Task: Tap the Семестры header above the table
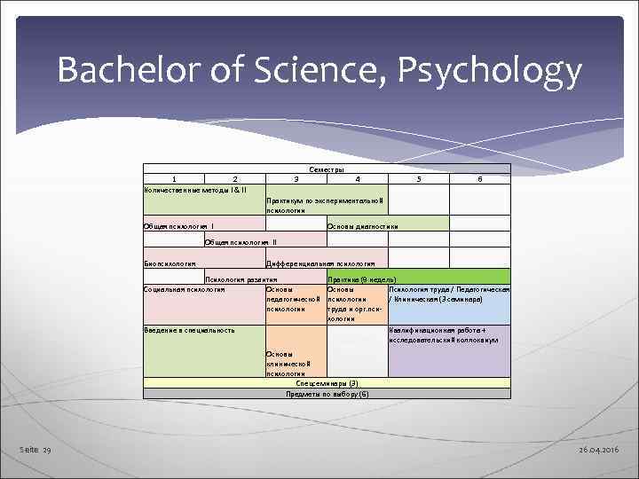[327, 169]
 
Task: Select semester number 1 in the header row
[174, 178]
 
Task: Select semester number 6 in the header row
[479, 178]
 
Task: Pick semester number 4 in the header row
[358, 178]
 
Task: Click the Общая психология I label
[178, 227]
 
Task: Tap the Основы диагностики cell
[363, 227]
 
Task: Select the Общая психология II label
[241, 241]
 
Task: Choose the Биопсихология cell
[170, 263]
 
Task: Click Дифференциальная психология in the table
[320, 263]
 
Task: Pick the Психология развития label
[236, 279]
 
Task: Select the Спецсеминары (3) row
[327, 383]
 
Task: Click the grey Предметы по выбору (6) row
[327, 393]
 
